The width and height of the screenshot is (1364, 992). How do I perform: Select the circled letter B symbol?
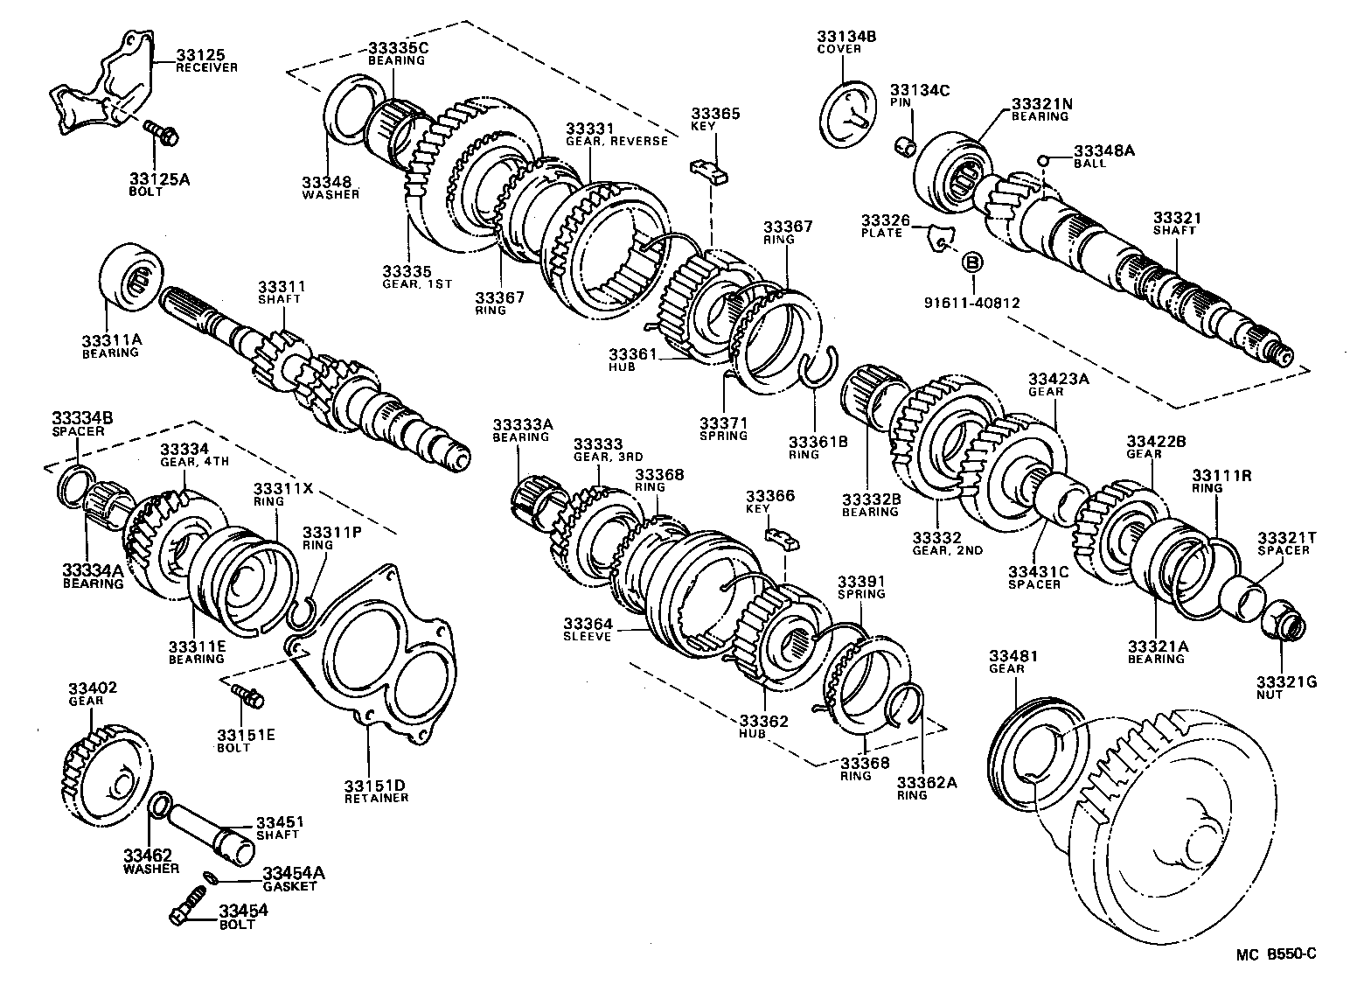[x=971, y=262]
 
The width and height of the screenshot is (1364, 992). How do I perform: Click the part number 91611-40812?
[x=971, y=304]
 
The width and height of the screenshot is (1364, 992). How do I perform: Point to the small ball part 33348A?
[x=1042, y=159]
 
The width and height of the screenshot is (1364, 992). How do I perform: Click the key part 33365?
[x=709, y=170]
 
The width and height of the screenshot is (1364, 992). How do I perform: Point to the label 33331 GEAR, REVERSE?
[x=616, y=134]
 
